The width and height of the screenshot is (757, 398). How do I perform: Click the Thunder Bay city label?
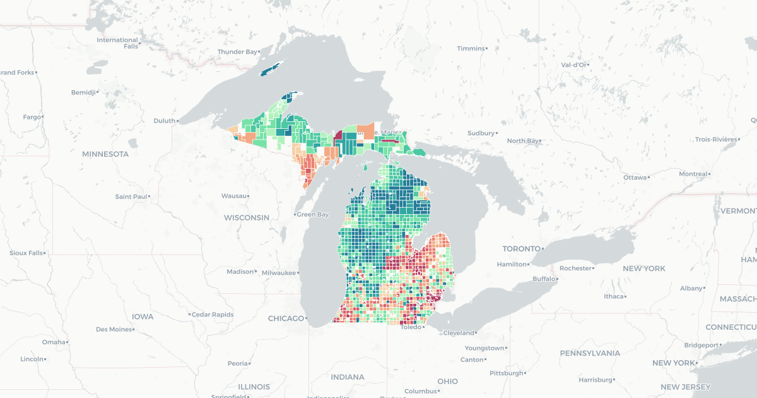(x=237, y=52)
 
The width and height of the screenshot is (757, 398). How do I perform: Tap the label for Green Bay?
(x=313, y=215)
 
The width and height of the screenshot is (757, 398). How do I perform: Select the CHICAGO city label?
(x=286, y=318)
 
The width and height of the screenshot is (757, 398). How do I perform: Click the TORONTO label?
(x=521, y=249)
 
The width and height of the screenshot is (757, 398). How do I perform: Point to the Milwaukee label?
(x=279, y=273)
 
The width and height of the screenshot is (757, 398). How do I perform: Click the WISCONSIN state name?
(x=246, y=218)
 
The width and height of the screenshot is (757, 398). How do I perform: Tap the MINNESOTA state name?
(x=105, y=154)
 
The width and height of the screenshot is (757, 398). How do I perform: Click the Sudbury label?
(x=481, y=133)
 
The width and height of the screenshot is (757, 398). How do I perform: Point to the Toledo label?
(x=411, y=327)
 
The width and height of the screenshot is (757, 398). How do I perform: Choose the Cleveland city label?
(x=459, y=333)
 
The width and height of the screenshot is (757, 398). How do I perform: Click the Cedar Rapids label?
(x=213, y=315)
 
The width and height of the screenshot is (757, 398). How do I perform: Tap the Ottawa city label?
(x=635, y=178)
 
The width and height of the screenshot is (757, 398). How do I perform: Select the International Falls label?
(x=118, y=43)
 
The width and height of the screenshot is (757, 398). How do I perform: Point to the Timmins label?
(x=471, y=49)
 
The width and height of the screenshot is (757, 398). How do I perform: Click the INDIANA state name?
(x=347, y=377)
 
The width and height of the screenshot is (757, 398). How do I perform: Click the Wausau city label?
(x=234, y=196)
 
